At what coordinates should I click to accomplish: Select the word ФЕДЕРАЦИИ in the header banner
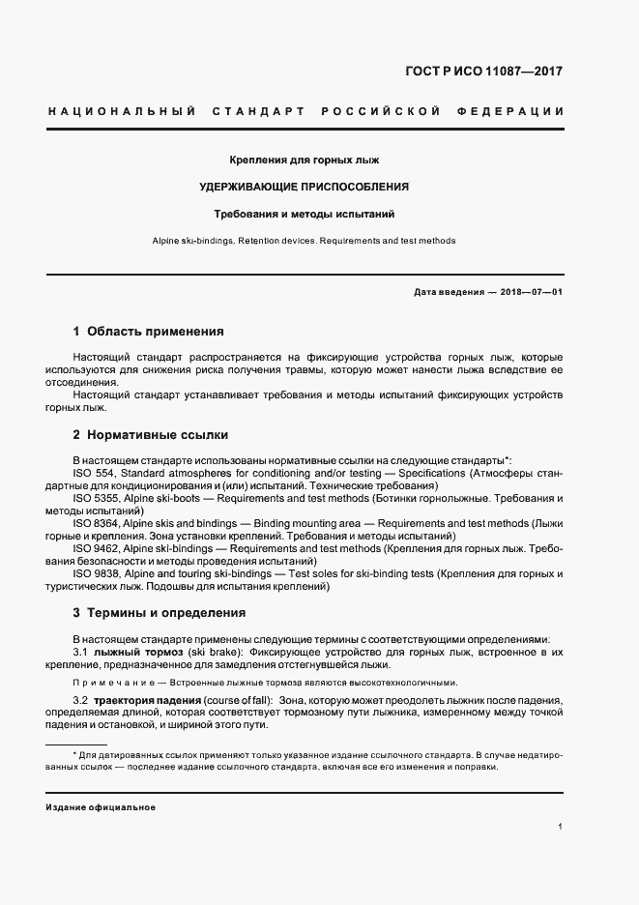pos(517,111)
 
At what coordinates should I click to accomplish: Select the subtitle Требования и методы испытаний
pos(310,213)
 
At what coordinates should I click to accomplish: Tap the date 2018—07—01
pos(531,292)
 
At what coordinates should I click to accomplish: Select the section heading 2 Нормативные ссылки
pos(151,435)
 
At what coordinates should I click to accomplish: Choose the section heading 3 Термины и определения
pos(160,613)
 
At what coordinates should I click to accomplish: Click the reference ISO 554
pos(94,474)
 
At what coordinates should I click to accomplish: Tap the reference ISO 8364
pos(97,523)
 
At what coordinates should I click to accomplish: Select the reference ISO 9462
pos(97,548)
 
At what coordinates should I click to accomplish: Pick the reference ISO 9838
pos(97,573)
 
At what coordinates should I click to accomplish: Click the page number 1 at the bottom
pos(560,827)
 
